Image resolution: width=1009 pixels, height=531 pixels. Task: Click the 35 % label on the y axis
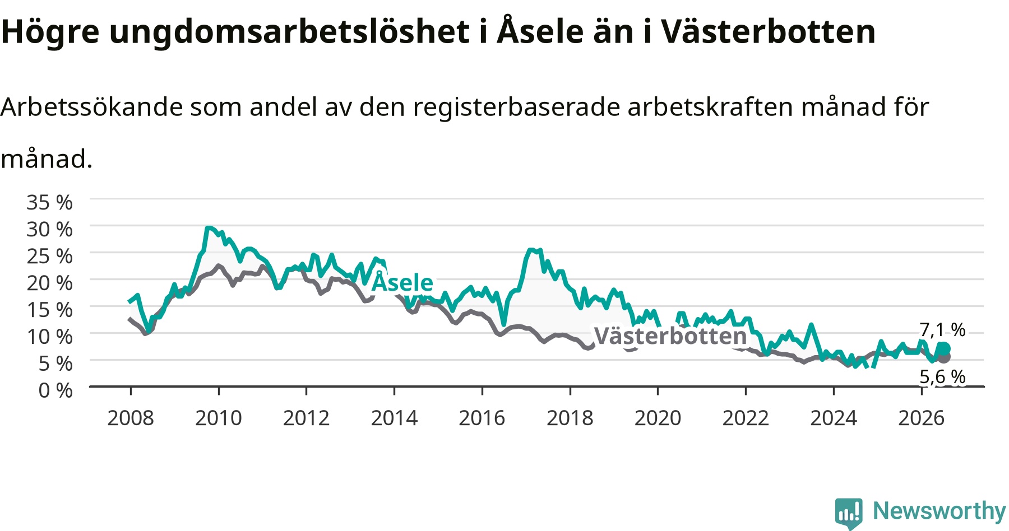[49, 202]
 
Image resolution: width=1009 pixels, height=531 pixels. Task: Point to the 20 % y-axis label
[49, 283]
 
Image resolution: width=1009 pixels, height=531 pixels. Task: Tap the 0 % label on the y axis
[55, 390]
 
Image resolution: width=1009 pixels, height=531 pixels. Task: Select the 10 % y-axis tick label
[49, 337]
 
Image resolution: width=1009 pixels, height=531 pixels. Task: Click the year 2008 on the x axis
[131, 418]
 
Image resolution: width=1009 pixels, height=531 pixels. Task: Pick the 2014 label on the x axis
[394, 418]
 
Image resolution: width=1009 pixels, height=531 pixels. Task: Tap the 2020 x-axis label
[658, 418]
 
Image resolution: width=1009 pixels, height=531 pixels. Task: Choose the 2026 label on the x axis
[922, 418]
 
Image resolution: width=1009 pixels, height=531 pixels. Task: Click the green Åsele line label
[402, 282]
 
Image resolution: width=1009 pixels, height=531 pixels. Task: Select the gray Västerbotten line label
[670, 336]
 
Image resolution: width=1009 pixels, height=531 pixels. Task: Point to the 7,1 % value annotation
[942, 329]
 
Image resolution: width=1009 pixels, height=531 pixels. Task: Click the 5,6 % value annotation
[942, 376]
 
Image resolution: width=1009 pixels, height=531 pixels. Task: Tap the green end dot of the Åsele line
[944, 349]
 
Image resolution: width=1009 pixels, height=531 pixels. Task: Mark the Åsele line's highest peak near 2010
[208, 228]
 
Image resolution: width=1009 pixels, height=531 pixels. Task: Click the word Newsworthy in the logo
[939, 511]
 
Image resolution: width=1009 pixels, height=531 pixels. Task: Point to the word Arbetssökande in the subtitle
[92, 106]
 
